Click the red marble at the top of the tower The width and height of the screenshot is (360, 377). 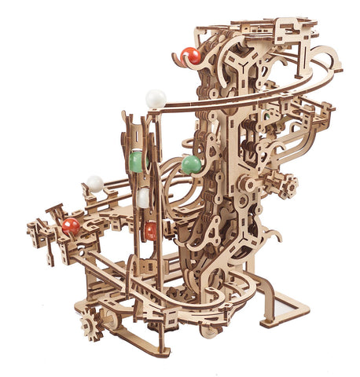pos(190,56)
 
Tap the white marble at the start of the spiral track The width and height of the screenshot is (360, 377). pos(156,99)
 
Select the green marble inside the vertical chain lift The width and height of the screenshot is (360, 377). pos(136,161)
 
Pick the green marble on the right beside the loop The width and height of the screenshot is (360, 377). pos(191,164)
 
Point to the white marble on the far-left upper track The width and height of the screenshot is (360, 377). pos(95,183)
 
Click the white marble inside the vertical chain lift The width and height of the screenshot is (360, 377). pos(142,198)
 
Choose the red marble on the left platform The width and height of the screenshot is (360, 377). pos(71,226)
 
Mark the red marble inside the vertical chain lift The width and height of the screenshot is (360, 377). pos(150,231)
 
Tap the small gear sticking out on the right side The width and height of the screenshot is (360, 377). pos(288,185)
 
